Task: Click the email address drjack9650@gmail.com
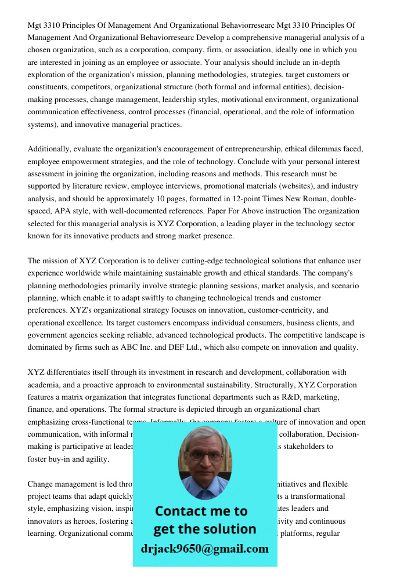[204, 549]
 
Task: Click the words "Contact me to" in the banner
[201, 511]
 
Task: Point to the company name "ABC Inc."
[135, 347]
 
